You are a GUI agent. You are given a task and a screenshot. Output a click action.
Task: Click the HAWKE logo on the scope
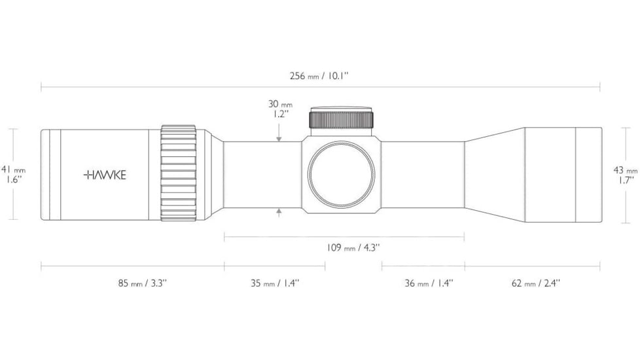point(105,175)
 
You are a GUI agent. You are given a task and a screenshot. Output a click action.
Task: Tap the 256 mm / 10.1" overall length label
point(319,76)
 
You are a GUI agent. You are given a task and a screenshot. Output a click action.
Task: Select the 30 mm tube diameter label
point(280,104)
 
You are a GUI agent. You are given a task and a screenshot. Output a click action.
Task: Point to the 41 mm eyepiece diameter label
point(14,169)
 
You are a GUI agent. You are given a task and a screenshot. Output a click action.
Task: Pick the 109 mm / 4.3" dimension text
point(353,247)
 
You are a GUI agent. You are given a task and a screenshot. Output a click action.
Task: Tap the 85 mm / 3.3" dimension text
point(143,283)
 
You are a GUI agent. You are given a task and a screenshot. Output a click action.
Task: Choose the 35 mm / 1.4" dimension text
point(275,283)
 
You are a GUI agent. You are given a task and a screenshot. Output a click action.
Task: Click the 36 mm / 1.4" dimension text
point(429,283)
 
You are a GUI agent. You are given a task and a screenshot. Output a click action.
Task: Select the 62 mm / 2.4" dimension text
point(536,283)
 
